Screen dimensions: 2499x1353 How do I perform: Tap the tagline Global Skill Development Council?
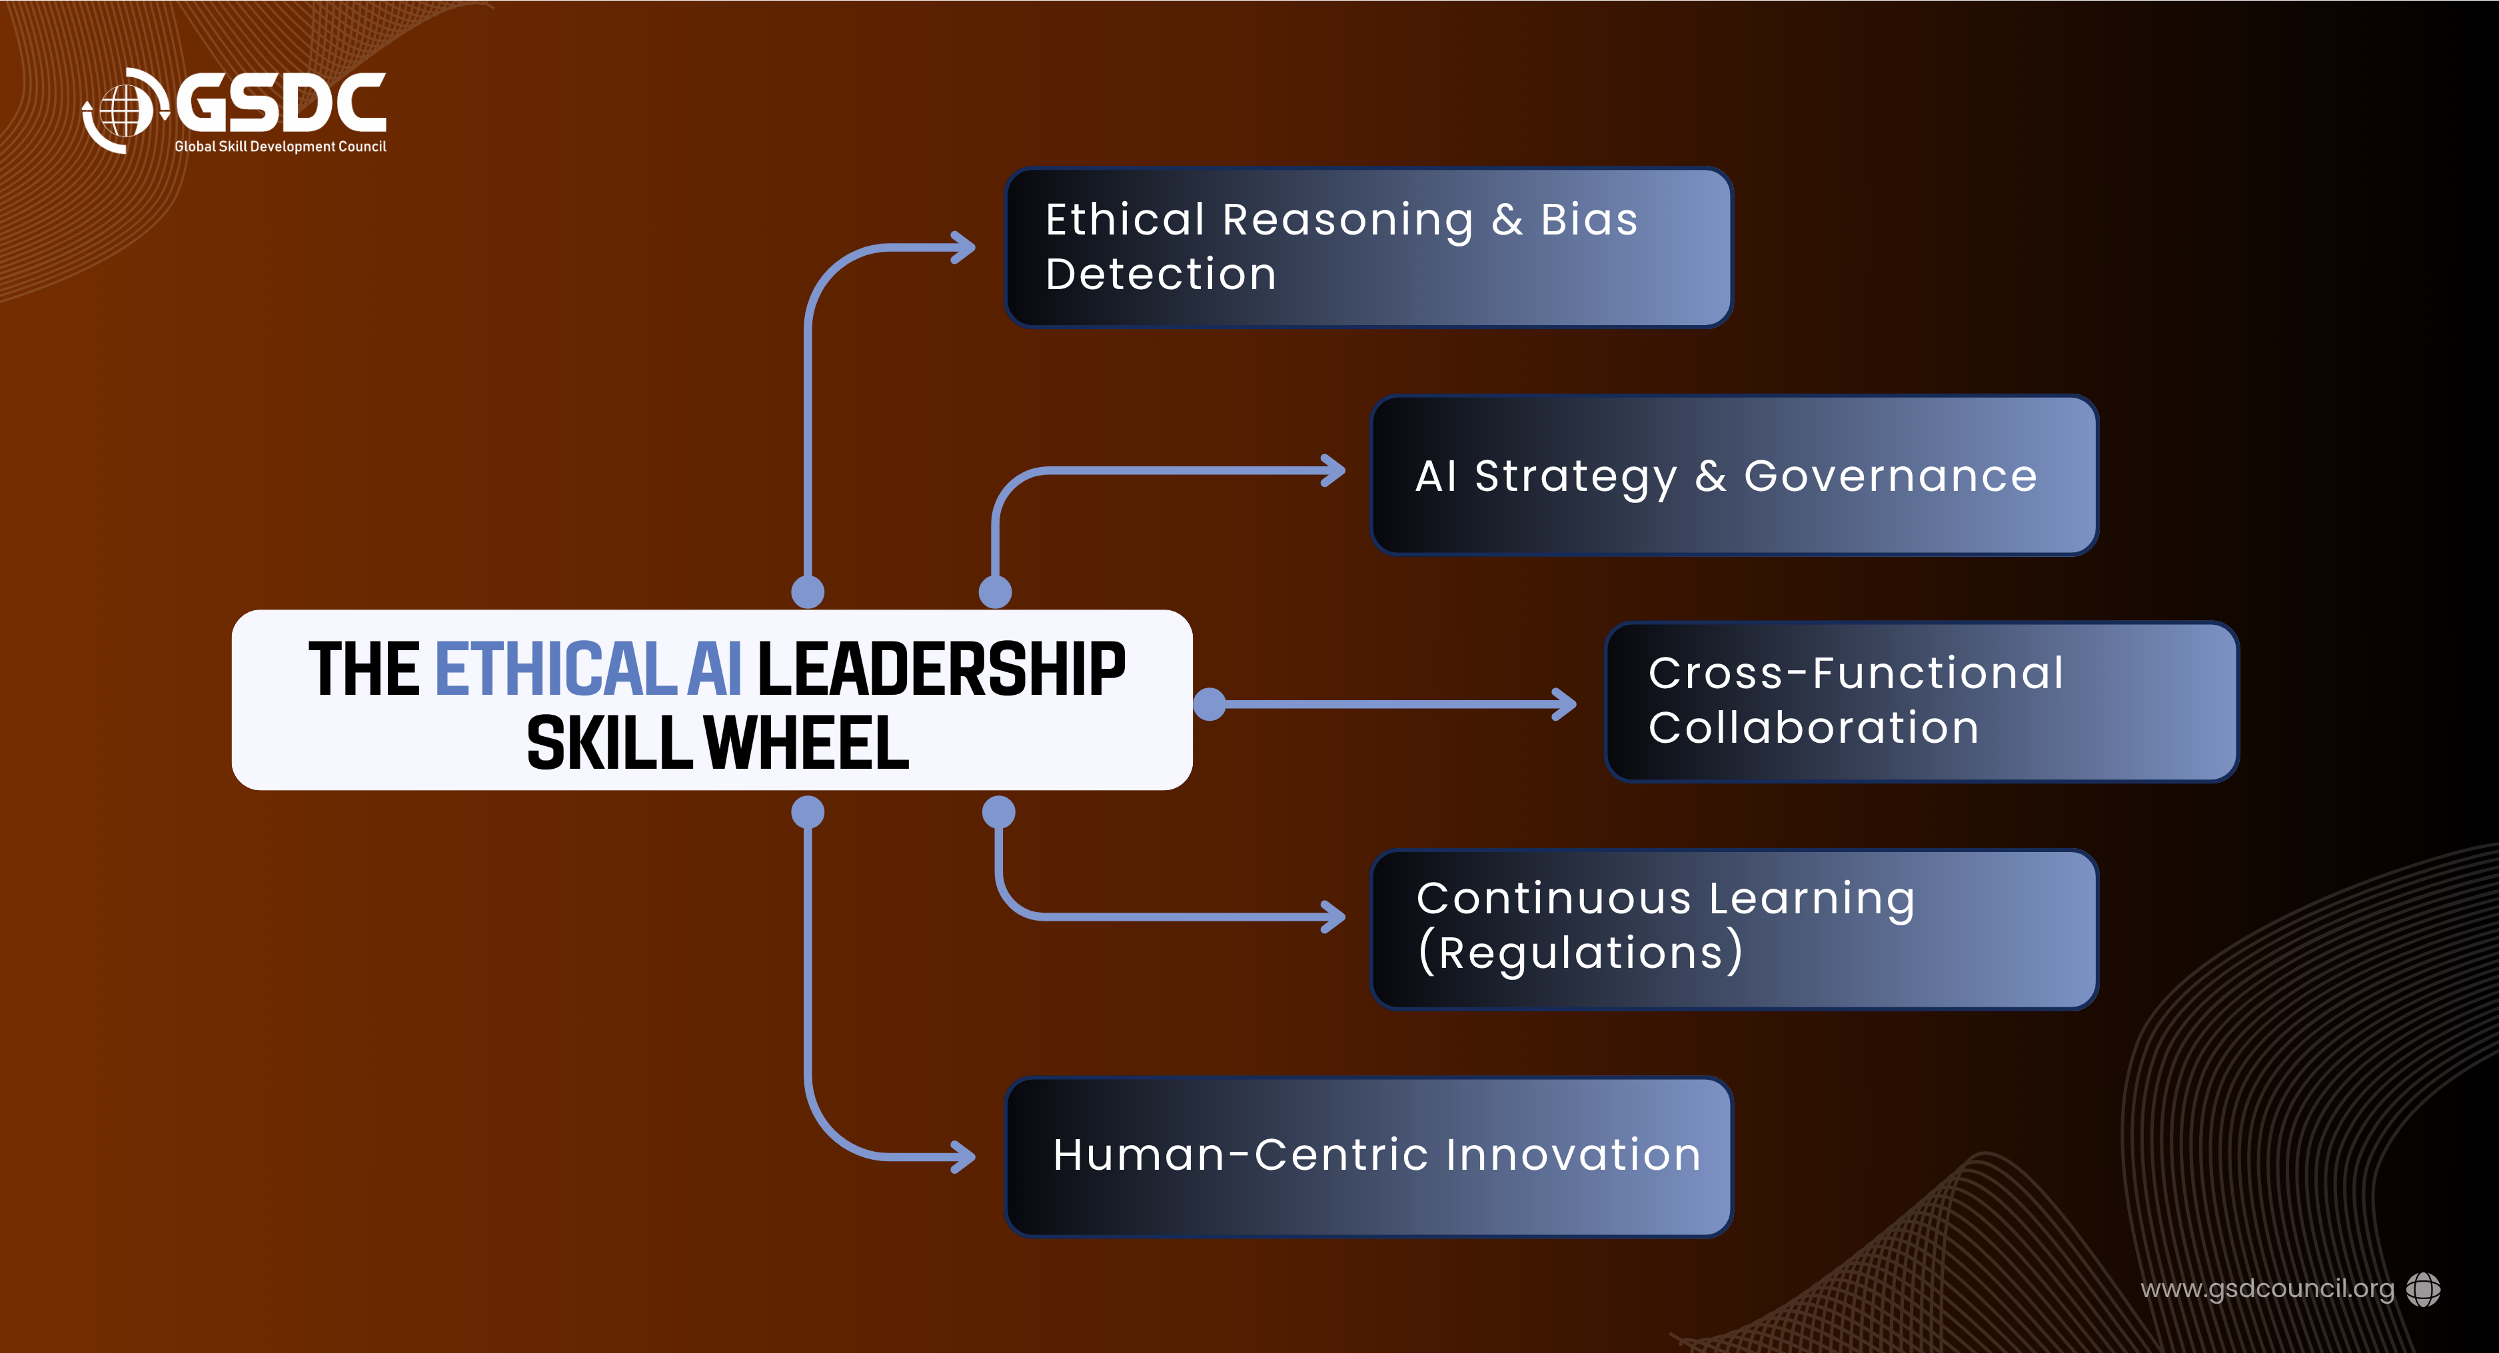coord(281,147)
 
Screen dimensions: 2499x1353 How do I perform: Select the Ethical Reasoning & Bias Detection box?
coord(1369,247)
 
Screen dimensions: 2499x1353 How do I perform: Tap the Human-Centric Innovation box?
coord(1369,1156)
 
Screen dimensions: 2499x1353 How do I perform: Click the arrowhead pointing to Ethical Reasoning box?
coord(964,247)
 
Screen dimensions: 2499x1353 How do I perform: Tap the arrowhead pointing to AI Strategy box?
coord(1333,472)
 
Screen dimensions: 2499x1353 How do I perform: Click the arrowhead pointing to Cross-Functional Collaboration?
coord(1564,704)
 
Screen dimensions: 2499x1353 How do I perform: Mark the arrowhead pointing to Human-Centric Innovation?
coord(964,1156)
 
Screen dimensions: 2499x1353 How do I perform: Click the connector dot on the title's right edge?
coord(1209,704)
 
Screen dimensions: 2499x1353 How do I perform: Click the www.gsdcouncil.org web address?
coord(2267,1289)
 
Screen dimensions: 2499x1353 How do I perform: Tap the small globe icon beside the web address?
coord(2423,1289)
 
